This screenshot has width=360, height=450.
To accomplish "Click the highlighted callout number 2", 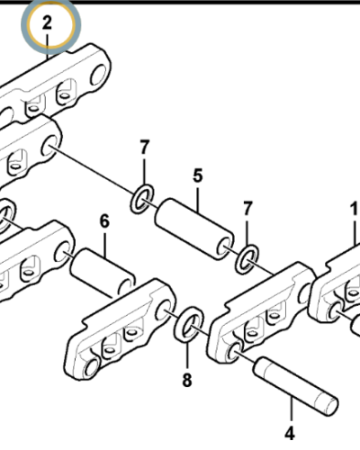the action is tap(48, 23).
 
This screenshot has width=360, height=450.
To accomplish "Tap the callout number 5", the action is tap(198, 175).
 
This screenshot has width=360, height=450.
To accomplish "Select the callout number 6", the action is tap(104, 221).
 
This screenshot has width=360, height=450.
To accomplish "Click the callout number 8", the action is tap(187, 381).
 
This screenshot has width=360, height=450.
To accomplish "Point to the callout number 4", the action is tap(290, 434).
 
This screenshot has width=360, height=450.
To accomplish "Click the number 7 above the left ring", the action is tap(145, 148).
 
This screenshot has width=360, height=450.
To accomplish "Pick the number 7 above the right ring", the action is tap(247, 209).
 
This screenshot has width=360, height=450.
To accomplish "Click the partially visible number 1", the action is tap(355, 209).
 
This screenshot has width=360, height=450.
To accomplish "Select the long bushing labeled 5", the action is tap(194, 229).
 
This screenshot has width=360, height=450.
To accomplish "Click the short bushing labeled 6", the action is tap(103, 273).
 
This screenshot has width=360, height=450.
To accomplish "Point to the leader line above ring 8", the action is tap(188, 355).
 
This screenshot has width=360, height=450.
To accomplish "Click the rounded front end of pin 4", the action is tap(330, 406).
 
